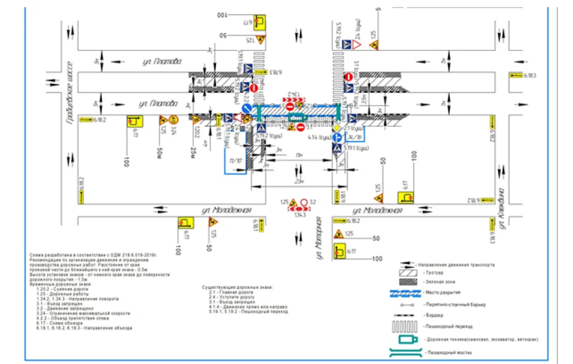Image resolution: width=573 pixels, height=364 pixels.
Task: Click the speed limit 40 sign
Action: coord(174,119)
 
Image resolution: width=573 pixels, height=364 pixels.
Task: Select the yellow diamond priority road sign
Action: coord(337,128)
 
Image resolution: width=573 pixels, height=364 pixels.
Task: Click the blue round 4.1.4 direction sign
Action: coord(338,137)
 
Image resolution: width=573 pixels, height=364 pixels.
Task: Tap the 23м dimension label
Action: coord(299,181)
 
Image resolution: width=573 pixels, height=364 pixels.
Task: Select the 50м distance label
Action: coord(159,152)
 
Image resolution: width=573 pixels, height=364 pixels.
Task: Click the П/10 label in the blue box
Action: coord(235,160)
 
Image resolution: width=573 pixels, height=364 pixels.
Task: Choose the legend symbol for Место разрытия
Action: coord(411,292)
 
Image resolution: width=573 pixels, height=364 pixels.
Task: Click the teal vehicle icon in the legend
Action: coord(407,339)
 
